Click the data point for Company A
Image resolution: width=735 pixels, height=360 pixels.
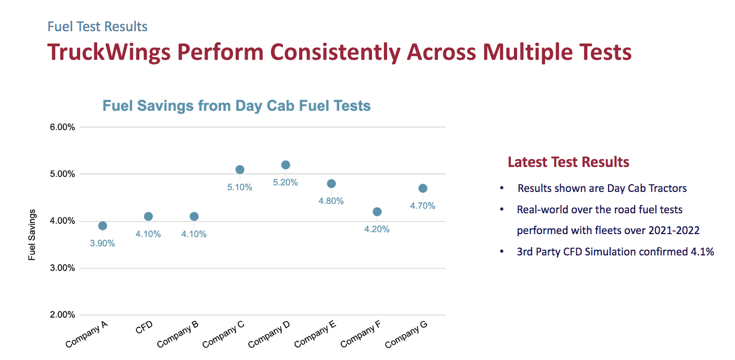[x=102, y=226]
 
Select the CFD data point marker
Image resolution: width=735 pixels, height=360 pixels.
[x=148, y=216]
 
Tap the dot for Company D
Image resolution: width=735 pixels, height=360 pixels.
[x=286, y=165]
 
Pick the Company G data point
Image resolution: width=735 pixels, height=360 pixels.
[x=423, y=188]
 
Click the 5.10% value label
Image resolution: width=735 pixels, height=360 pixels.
[x=240, y=187]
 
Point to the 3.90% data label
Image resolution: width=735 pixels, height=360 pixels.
[x=102, y=243]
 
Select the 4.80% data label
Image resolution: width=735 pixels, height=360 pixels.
[x=331, y=201]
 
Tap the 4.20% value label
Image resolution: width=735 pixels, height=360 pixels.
[x=377, y=229]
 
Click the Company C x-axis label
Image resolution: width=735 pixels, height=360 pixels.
[x=224, y=335]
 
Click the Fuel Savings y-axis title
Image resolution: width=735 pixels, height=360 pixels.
[x=32, y=235]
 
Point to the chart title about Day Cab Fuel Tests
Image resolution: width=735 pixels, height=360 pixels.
[x=237, y=106]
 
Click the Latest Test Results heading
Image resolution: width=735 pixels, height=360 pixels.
[x=569, y=162]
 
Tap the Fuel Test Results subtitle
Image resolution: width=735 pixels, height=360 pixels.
[x=97, y=27]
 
